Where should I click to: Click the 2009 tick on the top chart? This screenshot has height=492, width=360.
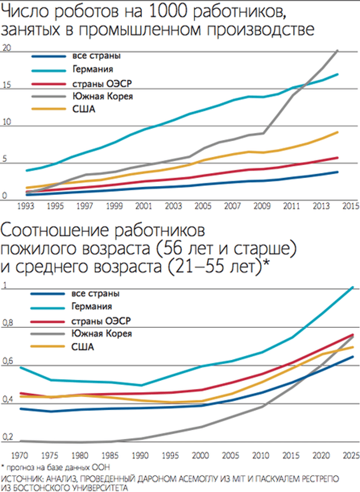[262, 206]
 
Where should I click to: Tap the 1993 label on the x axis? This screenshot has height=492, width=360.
[26, 206]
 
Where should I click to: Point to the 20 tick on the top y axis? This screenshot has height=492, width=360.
[6, 48]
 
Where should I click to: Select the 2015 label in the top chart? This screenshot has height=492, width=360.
[351, 206]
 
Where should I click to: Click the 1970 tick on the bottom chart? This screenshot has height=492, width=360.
[19, 455]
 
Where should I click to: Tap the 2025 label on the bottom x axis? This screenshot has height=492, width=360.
[351, 455]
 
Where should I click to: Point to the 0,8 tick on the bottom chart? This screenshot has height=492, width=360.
[8, 323]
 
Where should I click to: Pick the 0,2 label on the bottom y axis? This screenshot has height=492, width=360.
[8, 437]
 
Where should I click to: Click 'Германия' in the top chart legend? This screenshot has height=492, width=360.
[93, 69]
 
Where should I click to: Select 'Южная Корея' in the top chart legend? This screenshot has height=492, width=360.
[103, 96]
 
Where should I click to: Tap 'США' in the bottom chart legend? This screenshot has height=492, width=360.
[83, 347]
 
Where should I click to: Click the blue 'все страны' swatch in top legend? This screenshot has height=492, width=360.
[49, 57]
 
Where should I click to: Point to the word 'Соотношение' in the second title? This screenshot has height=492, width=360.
[55, 231]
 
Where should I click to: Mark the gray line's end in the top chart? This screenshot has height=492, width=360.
[337, 50]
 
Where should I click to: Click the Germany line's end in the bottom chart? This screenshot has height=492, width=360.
[353, 287]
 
